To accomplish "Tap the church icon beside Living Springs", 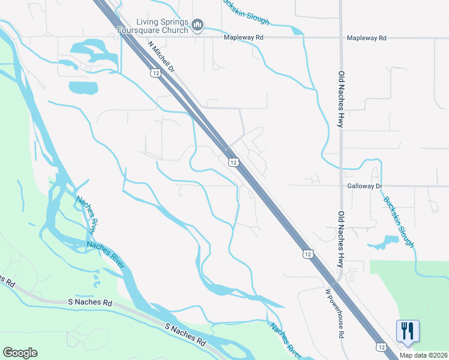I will [x=198, y=25].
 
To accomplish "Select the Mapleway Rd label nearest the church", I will [x=244, y=37].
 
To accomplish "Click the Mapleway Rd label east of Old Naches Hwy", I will [x=367, y=37].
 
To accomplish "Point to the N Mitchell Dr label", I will [x=161, y=56].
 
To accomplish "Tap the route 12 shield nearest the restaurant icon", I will [x=381, y=347].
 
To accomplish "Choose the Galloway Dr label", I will [x=365, y=186].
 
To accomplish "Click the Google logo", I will [x=20, y=353].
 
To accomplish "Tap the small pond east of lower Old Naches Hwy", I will [x=384, y=242].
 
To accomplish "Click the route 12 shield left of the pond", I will [x=307, y=254].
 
